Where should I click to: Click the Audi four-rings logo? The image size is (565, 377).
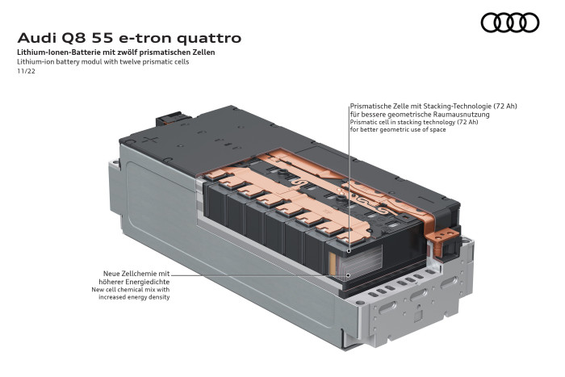(510, 23)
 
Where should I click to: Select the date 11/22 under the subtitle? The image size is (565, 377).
(27, 71)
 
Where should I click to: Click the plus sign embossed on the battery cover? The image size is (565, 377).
(150, 139)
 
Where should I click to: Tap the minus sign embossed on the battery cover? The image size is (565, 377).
(426, 199)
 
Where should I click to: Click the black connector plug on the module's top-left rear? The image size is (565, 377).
(172, 119)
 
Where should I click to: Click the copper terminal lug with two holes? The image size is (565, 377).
(442, 236)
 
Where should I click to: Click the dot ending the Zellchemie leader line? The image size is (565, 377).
(348, 276)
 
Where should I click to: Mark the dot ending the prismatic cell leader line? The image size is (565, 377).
(349, 250)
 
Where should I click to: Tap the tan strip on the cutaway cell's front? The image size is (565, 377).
(333, 263)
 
